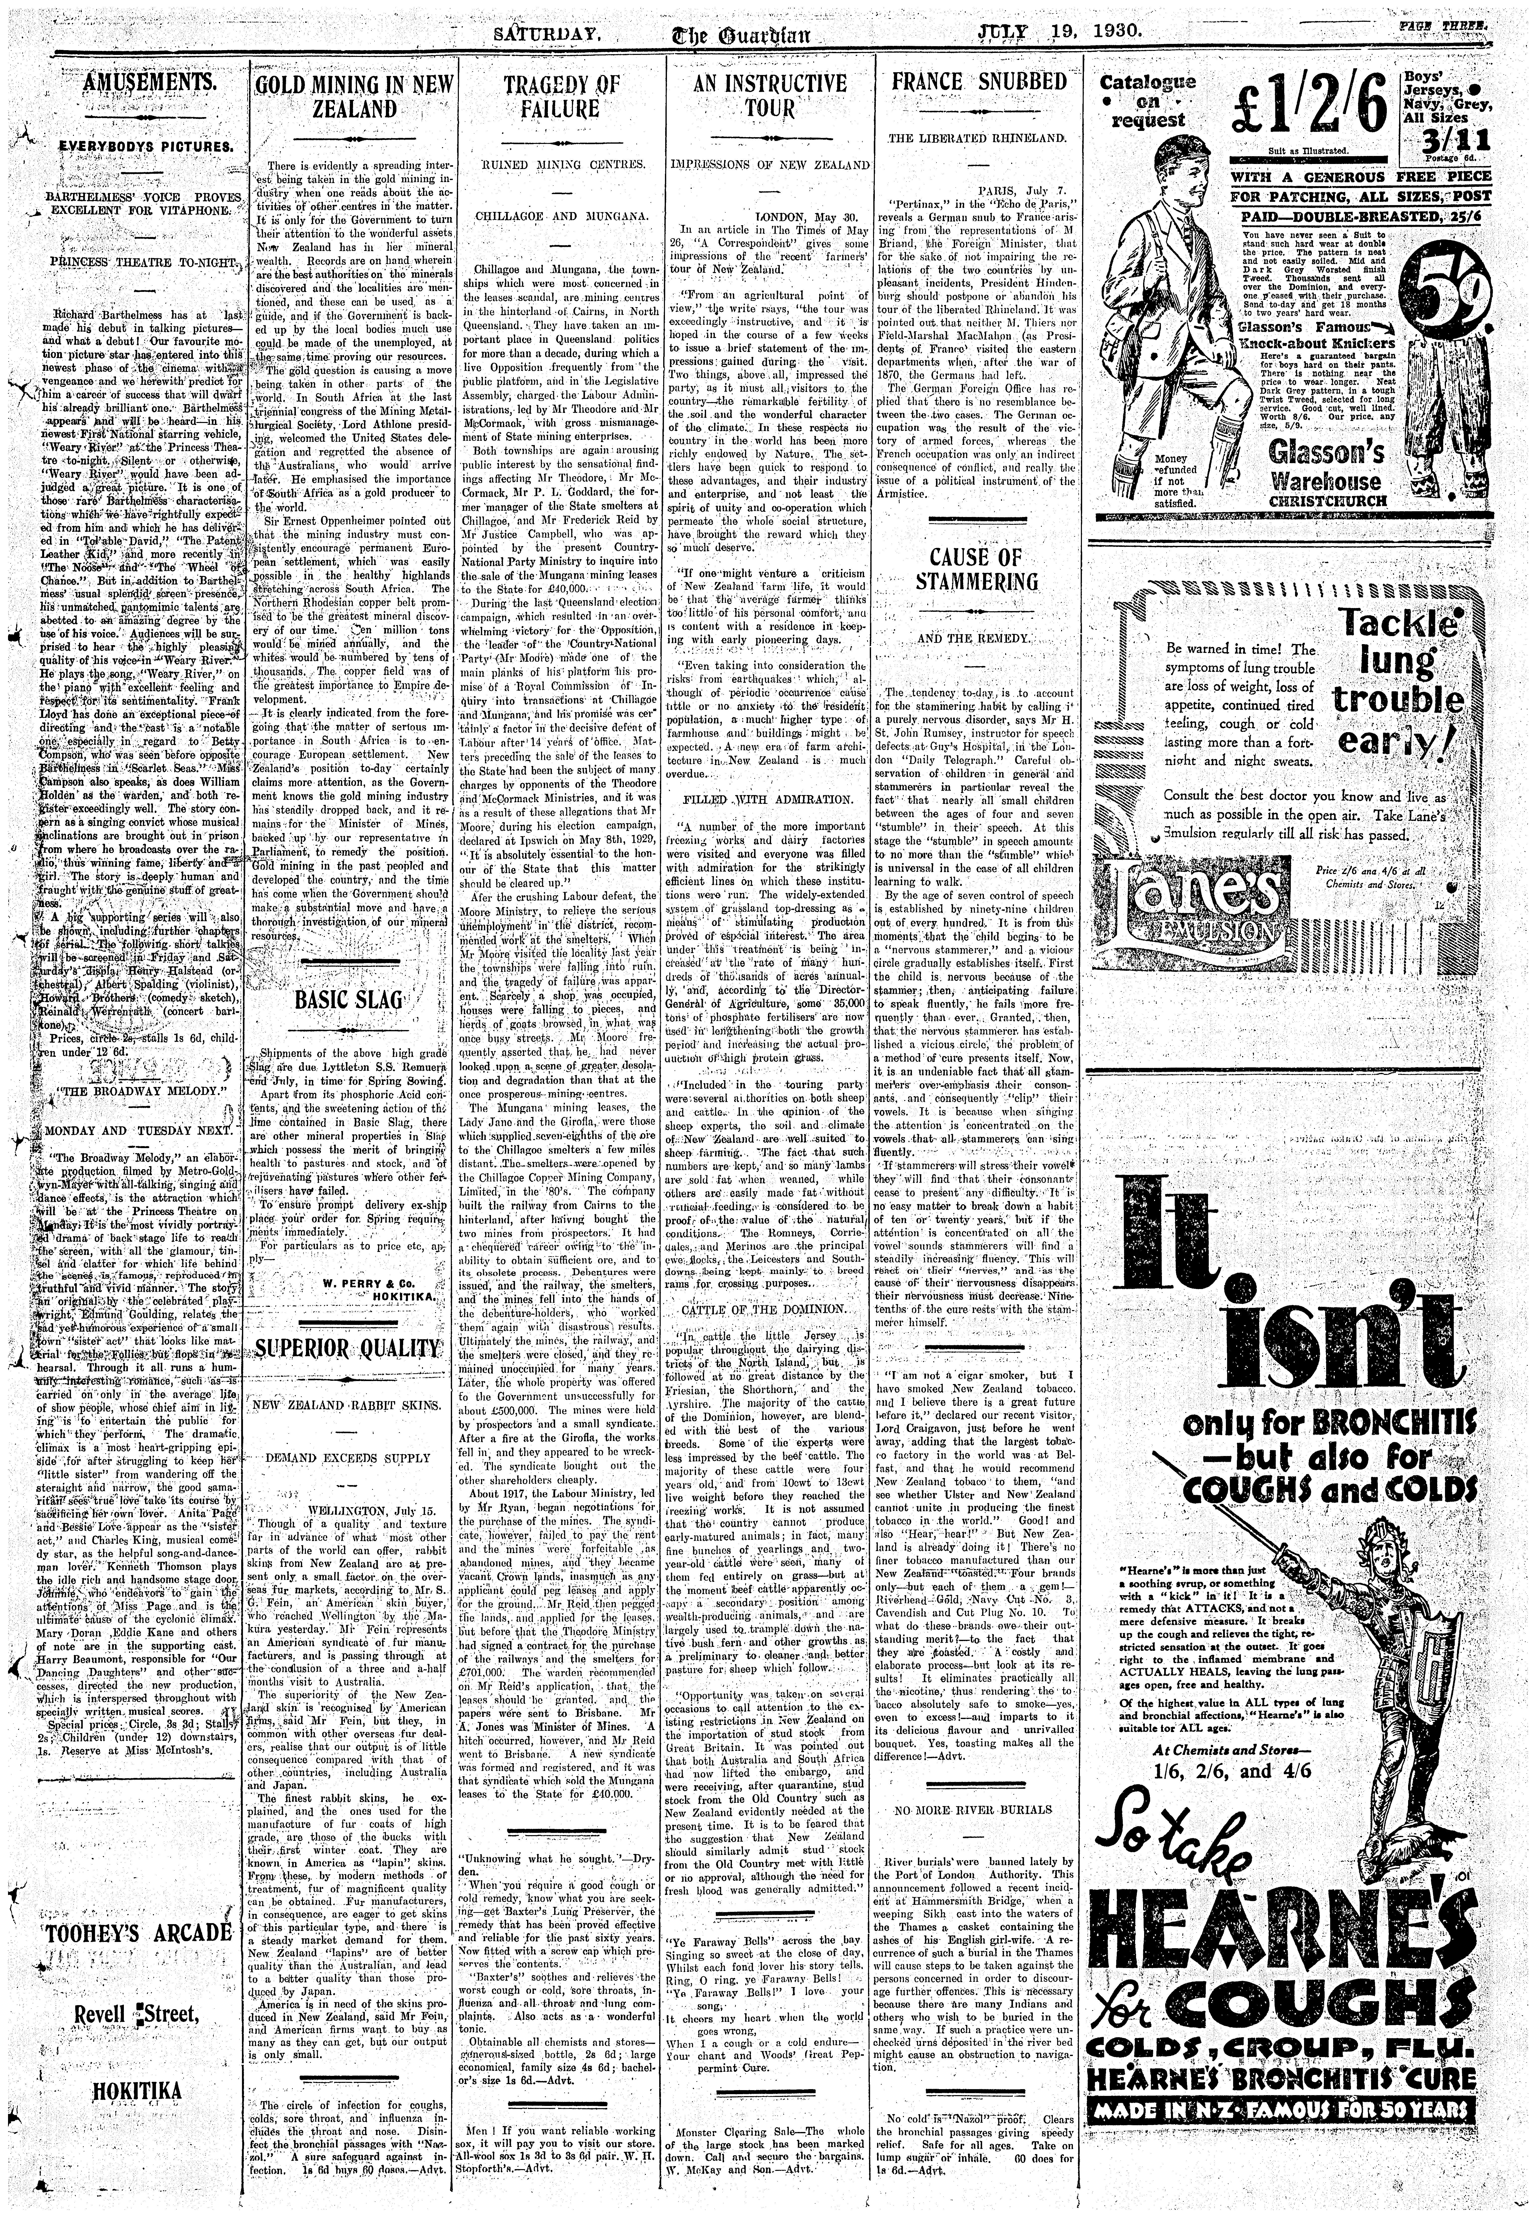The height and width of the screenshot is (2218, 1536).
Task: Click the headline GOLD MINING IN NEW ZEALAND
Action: [x=354, y=96]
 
